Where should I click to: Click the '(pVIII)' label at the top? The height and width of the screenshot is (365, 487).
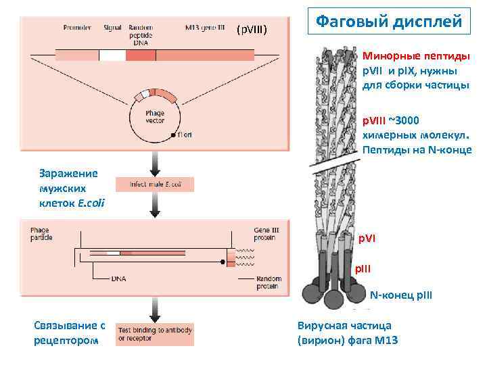click(x=252, y=30)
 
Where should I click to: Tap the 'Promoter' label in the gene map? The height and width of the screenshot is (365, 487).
click(x=77, y=28)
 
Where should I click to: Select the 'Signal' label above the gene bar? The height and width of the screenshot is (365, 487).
click(x=112, y=28)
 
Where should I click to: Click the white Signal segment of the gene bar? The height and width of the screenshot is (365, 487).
click(x=112, y=55)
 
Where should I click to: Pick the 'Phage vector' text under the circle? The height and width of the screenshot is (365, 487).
click(x=155, y=116)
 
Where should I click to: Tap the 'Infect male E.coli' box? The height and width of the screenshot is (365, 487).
click(x=155, y=184)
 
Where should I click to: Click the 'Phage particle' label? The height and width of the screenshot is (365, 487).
click(x=40, y=234)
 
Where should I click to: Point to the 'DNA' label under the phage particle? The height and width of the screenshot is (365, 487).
click(x=119, y=278)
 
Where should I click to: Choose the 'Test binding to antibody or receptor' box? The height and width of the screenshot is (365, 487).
click(x=155, y=334)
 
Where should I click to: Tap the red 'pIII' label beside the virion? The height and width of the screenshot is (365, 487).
click(x=364, y=268)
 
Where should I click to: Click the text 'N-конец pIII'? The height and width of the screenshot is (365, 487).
click(x=400, y=295)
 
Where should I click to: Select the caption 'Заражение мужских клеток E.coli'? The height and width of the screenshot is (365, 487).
click(x=68, y=188)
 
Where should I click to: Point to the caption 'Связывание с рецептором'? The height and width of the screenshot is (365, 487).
click(x=70, y=333)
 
